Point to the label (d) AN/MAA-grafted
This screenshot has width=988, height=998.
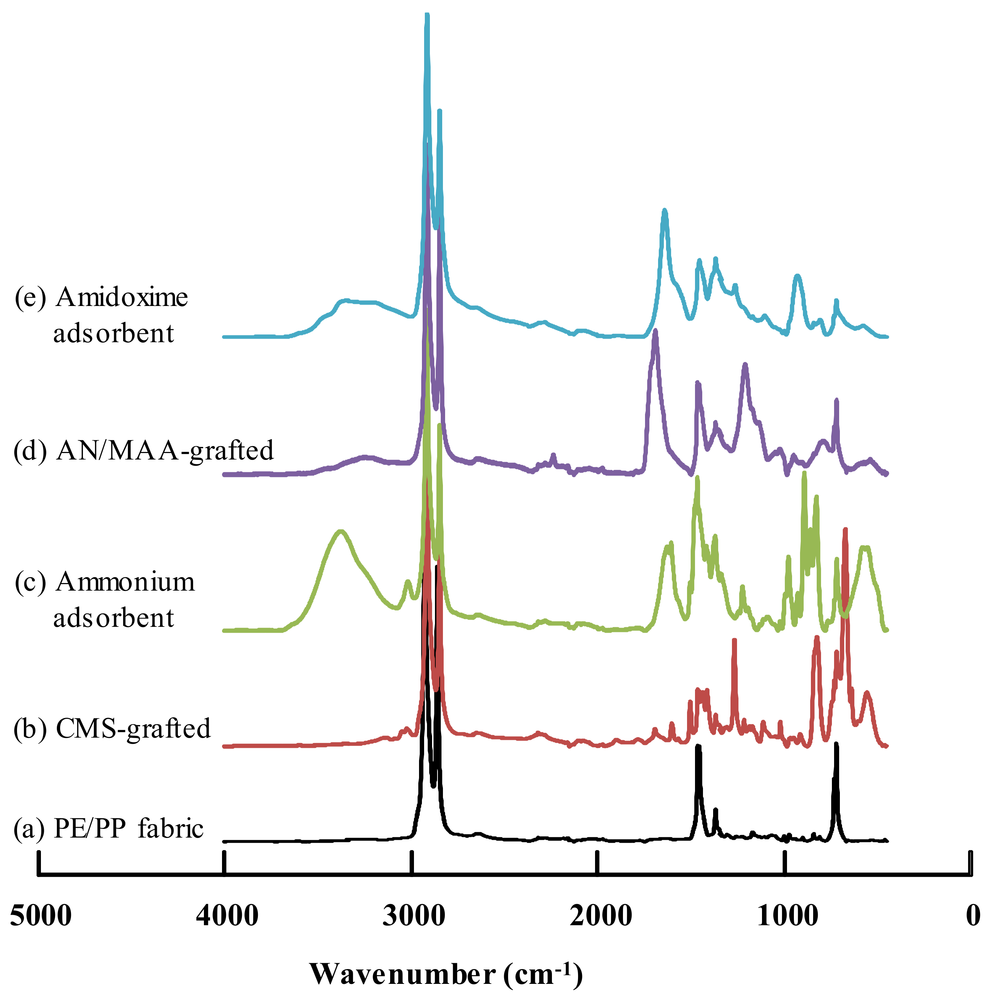(143, 450)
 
